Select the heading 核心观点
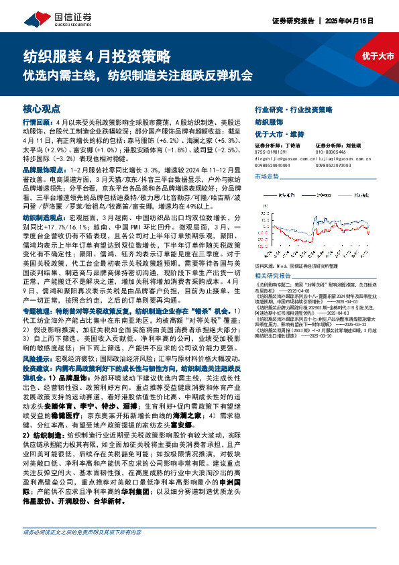(42, 109)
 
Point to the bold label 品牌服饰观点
(43, 172)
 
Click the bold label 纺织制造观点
(43, 219)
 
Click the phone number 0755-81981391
(272, 152)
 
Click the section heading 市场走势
(267, 176)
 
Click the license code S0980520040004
(272, 165)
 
